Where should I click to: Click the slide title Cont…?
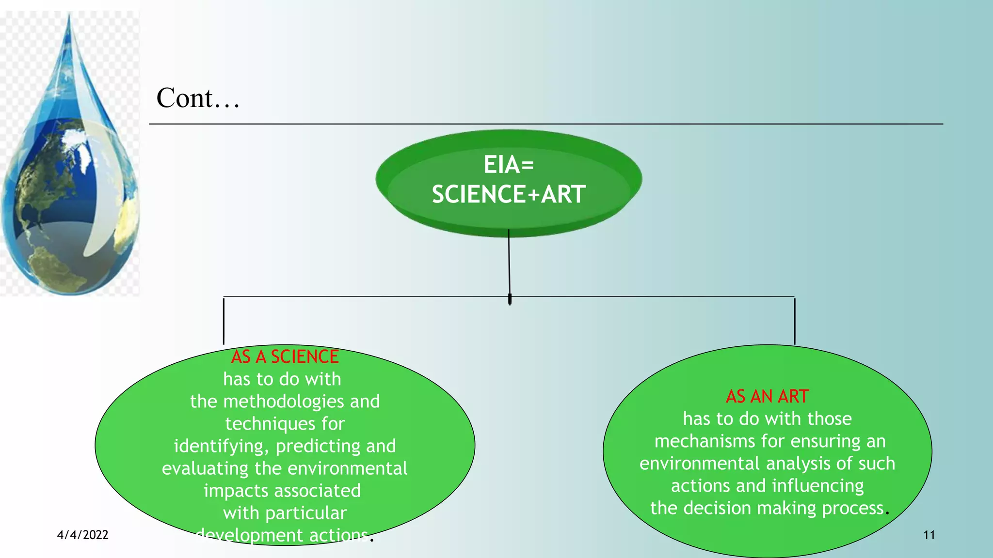pos(198,98)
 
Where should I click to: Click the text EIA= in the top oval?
pos(509,165)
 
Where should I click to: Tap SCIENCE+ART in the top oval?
pos(509,194)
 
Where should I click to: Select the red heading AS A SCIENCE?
pos(285,357)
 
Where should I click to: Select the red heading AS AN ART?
pos(767,397)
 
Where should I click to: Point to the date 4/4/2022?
pos(82,535)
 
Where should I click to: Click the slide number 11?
pos(929,535)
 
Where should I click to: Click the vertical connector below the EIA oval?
pos(509,264)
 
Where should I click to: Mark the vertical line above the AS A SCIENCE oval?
pos(224,321)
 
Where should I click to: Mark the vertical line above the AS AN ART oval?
pos(795,321)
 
